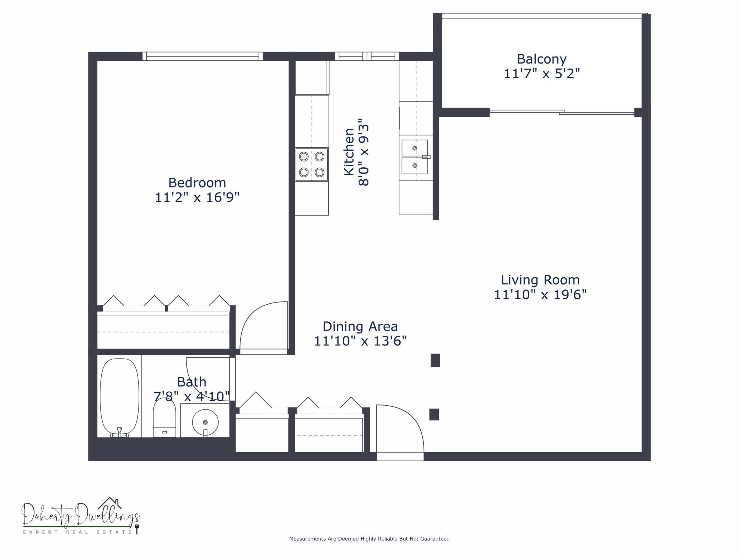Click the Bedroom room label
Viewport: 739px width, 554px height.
coord(197,183)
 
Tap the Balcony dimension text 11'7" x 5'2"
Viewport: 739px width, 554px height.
coord(542,74)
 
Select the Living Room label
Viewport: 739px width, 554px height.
coord(540,280)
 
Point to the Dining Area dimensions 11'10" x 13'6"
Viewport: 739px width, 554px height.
coord(360,341)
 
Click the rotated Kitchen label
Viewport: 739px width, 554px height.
coord(349,152)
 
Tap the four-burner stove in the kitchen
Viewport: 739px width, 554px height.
coord(312,164)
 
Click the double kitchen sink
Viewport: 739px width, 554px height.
coord(415,157)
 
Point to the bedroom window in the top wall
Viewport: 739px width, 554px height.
coord(203,56)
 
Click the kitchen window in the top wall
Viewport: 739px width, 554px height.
coord(367,56)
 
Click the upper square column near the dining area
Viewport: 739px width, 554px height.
coord(435,360)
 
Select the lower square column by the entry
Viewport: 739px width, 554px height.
coord(434,414)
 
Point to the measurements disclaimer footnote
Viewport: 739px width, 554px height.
coord(369,539)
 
